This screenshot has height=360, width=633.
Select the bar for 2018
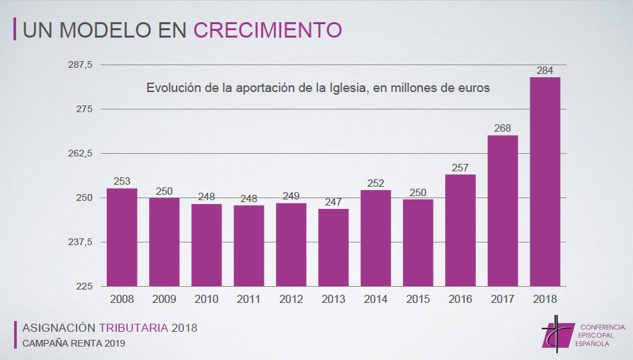pyautogui.click(x=544, y=181)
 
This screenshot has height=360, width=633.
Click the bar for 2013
pyautogui.click(x=333, y=247)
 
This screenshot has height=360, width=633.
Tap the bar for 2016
pyautogui.click(x=460, y=230)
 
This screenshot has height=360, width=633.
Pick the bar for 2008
pyautogui.click(x=121, y=237)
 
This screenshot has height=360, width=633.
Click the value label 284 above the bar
pyautogui.click(x=544, y=70)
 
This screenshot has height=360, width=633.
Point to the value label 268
pyautogui.click(x=502, y=128)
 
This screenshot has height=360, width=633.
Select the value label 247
pyautogui.click(x=333, y=201)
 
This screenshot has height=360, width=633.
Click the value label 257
pyautogui.click(x=460, y=167)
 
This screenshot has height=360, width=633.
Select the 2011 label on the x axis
pyautogui.click(x=248, y=300)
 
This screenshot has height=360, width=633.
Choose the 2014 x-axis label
pyautogui.click(x=375, y=300)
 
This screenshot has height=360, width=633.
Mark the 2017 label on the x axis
pyautogui.click(x=502, y=300)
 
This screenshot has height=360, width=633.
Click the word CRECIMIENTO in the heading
pyautogui.click(x=268, y=30)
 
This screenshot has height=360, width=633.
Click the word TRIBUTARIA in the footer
pyautogui.click(x=134, y=328)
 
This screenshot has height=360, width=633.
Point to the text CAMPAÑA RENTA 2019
pyautogui.click(x=73, y=343)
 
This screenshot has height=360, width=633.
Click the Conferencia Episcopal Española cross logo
pyautogui.click(x=556, y=332)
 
